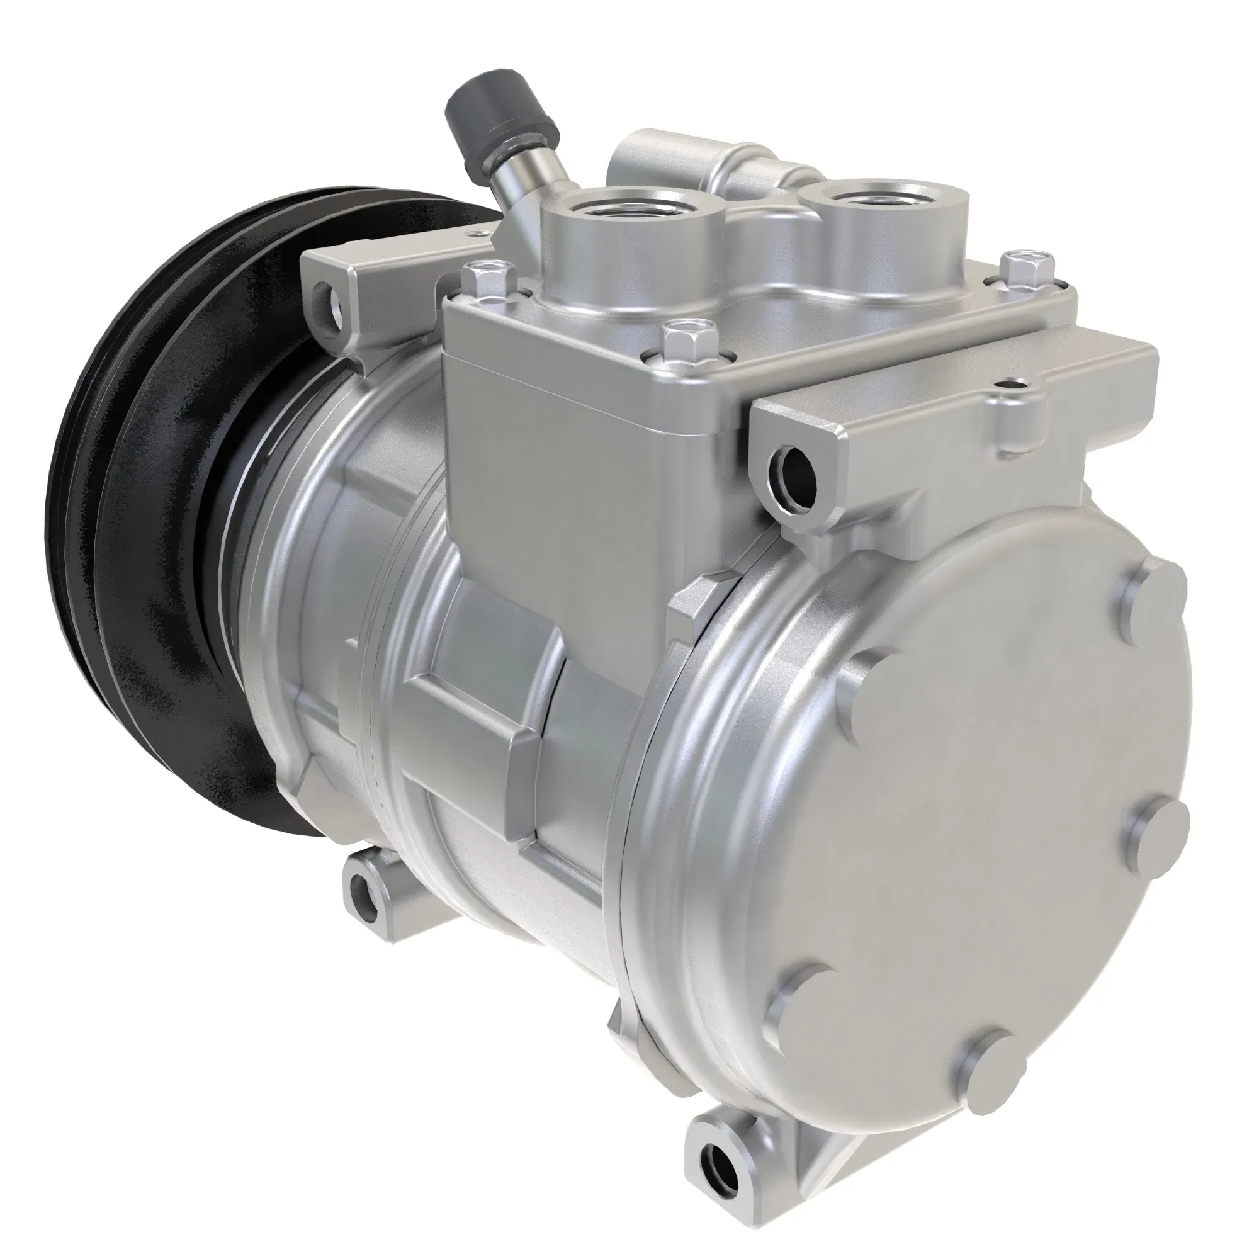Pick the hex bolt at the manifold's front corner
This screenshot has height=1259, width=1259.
click(x=680, y=336)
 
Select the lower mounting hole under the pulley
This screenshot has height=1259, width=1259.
click(x=363, y=893)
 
